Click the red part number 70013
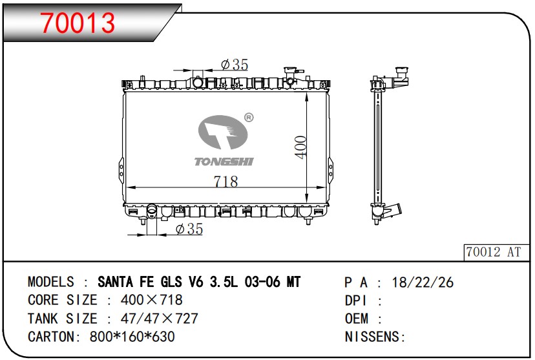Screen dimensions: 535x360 pos(78,23)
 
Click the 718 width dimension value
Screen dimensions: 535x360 pos(226,182)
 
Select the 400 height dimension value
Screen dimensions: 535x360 pos(300,147)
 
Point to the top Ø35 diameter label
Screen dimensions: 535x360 pos(235,65)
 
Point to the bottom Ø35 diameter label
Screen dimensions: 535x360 pos(189,229)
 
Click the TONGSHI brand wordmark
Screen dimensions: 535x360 pos(224,162)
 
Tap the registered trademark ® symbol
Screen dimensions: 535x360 pos(249,118)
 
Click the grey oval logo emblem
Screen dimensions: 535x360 pos(223,132)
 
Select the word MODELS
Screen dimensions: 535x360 pos(51,282)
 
